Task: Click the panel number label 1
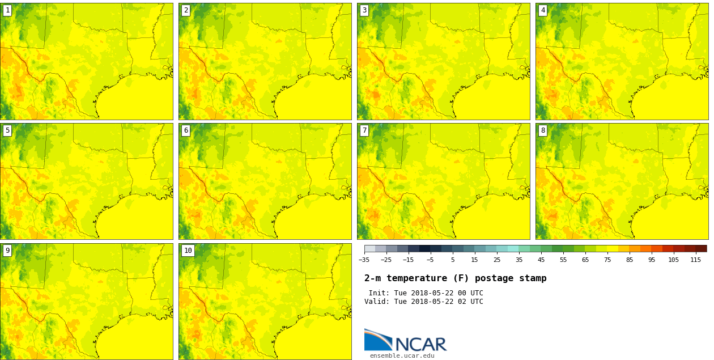pyautogui.click(x=7, y=10)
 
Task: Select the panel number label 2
pyautogui.click(x=186, y=10)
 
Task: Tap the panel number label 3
pyautogui.click(x=364, y=10)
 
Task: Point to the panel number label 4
pyautogui.click(x=543, y=10)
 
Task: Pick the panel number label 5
pyautogui.click(x=7, y=130)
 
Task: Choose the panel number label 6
pyautogui.click(x=186, y=130)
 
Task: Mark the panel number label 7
pyautogui.click(x=364, y=130)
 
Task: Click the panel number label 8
pyautogui.click(x=543, y=130)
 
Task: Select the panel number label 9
pyautogui.click(x=7, y=251)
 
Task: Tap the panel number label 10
pyautogui.click(x=188, y=251)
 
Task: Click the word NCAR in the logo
pyautogui.click(x=420, y=344)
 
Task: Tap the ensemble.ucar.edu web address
pyautogui.click(x=402, y=355)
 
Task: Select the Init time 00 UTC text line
pyautogui.click(x=426, y=293)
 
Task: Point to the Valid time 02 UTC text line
pyautogui.click(x=423, y=302)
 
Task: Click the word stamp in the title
pyautogui.click(x=533, y=278)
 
